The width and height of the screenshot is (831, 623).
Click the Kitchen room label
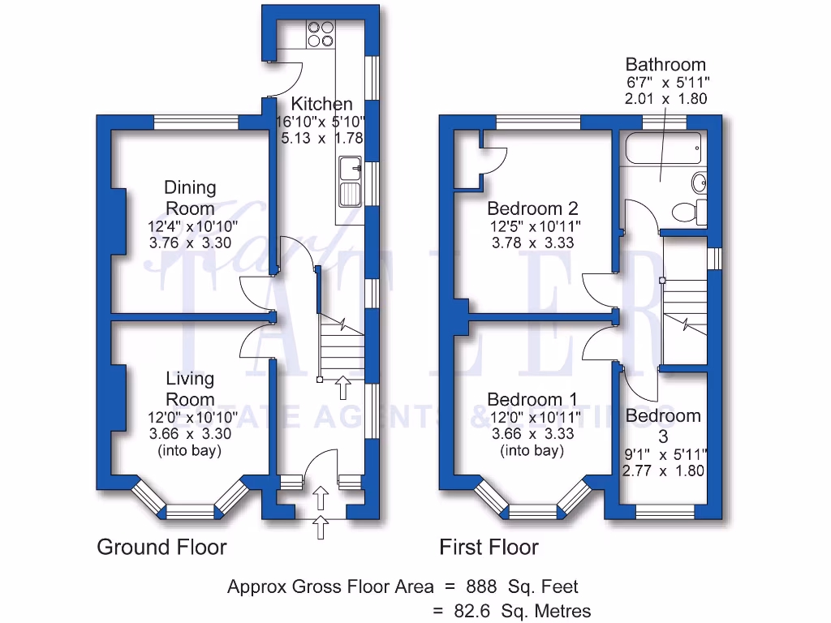coord(321,104)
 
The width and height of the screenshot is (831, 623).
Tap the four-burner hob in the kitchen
coord(320,32)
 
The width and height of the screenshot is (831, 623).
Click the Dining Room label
coord(191,198)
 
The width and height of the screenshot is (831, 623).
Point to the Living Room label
coord(190,389)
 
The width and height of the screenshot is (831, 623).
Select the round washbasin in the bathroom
coord(699,180)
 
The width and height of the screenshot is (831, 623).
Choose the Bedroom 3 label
coord(663,425)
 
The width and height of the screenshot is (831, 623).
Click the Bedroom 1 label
coord(532,399)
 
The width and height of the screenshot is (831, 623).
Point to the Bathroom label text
coord(665,64)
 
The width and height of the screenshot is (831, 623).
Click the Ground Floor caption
coord(161,547)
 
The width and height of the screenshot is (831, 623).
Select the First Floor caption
coord(489,547)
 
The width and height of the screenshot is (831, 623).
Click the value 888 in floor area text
coord(482,586)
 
